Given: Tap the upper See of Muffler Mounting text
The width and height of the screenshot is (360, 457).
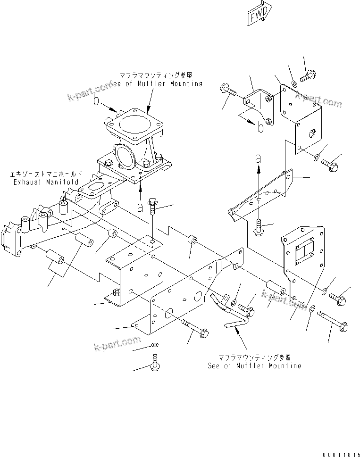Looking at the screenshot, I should click(x=156, y=83).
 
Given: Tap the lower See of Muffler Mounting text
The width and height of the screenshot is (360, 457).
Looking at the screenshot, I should click(x=254, y=366).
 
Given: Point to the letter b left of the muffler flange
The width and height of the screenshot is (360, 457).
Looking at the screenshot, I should click(x=96, y=100).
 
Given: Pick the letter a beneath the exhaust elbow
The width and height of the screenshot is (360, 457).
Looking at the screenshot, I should click(x=140, y=206).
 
